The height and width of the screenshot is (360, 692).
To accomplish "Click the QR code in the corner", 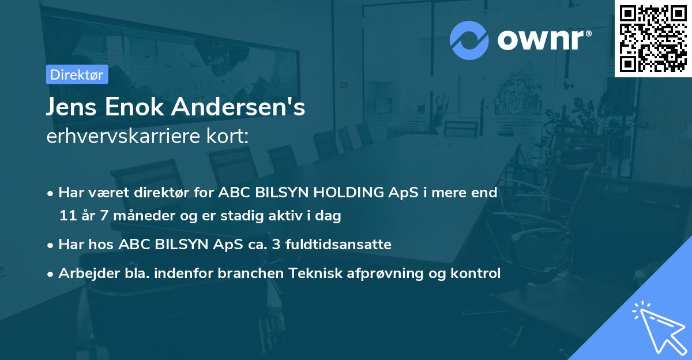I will [652, 39].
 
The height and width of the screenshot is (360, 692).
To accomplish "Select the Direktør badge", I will [77, 74].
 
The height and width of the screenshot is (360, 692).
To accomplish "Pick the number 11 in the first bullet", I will [67, 216].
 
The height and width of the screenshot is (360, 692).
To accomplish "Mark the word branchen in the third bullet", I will [245, 273].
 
